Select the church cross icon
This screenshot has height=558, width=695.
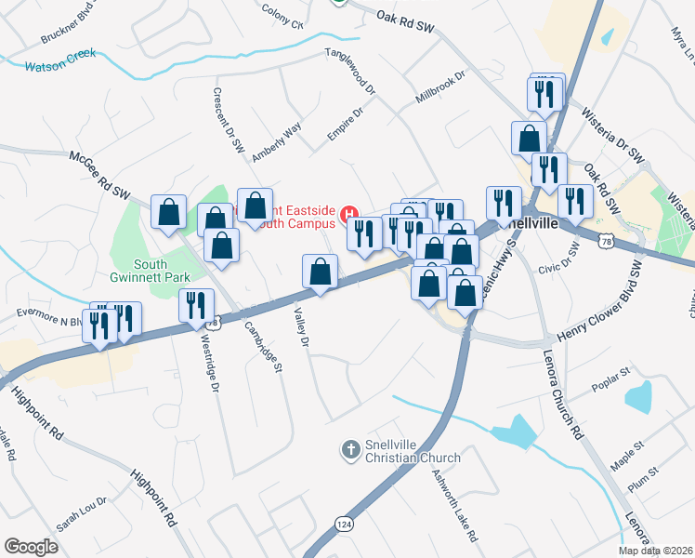coord(350,450)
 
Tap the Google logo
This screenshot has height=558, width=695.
coord(31,547)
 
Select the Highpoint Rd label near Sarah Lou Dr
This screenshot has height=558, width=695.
coord(153,498)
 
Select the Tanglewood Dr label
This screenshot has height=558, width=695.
coord(350,73)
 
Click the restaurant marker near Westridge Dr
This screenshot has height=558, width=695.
coord(196,307)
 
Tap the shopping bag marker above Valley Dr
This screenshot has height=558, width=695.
coord(320,272)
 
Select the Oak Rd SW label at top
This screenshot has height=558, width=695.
coord(406,17)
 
